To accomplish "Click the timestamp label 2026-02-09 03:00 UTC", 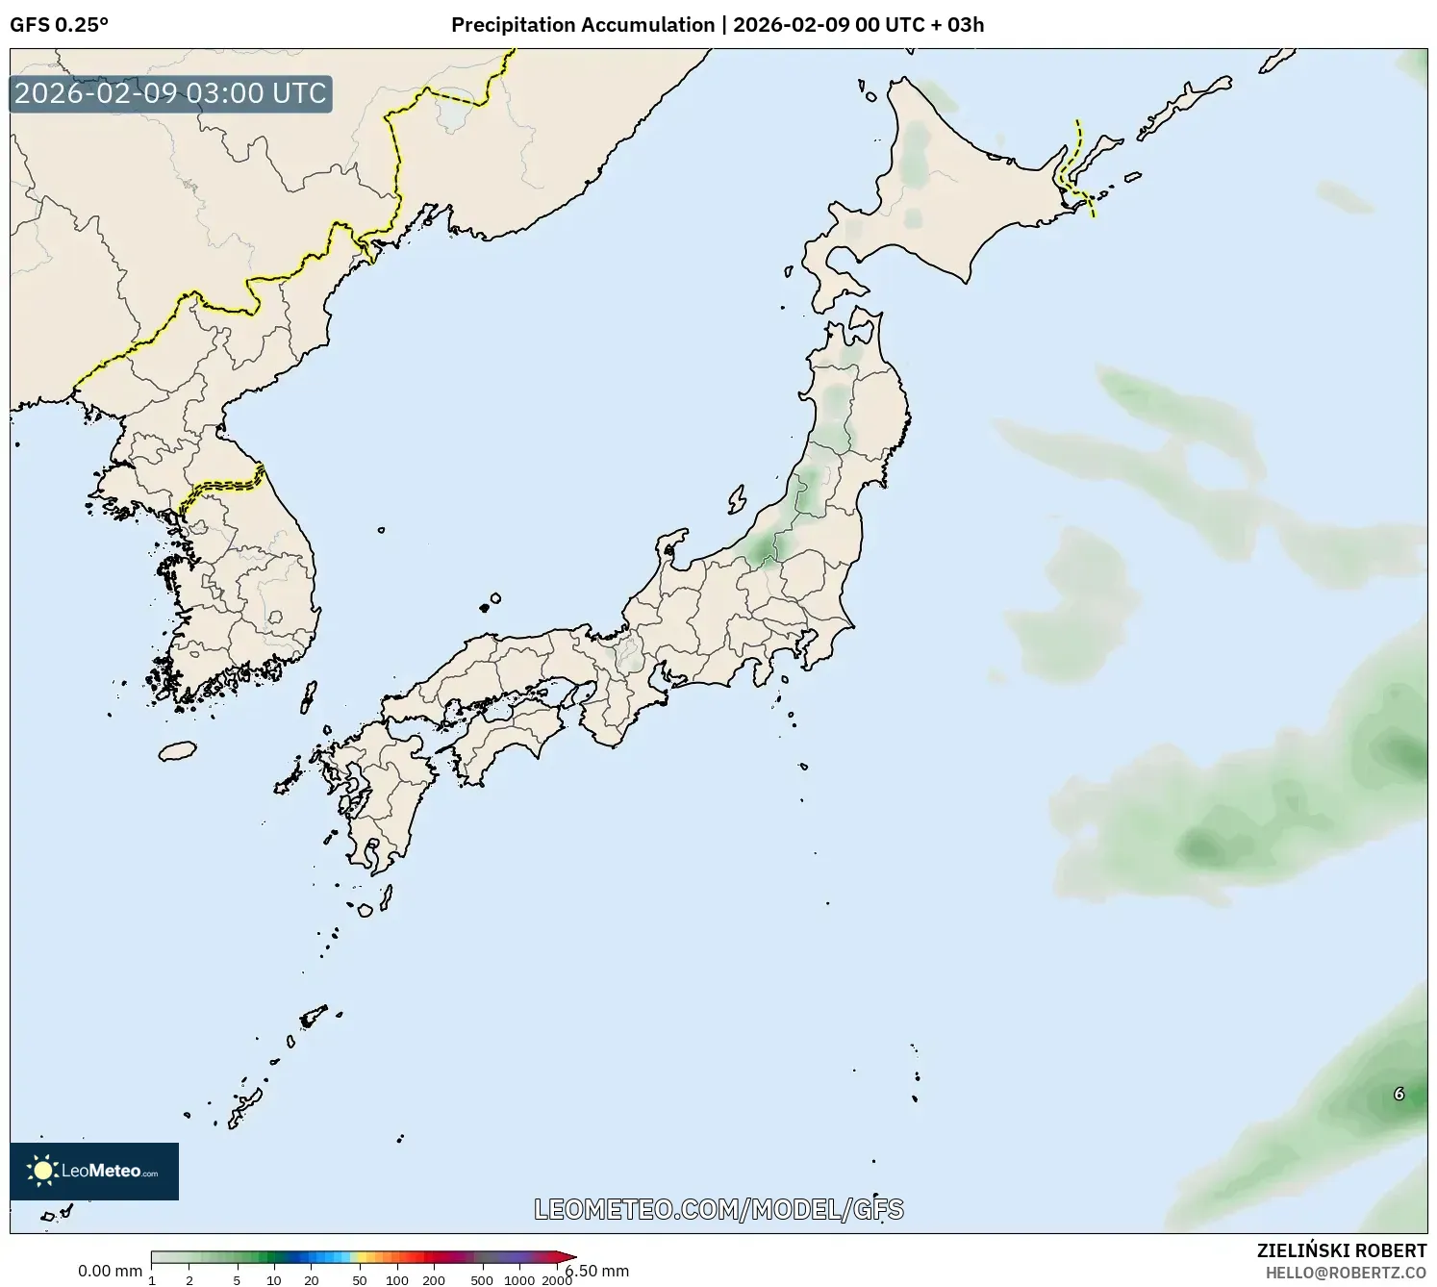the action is [170, 93].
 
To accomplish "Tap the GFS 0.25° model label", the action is [59, 25].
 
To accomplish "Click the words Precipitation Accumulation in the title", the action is [583, 25].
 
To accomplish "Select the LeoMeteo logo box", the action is [94, 1171].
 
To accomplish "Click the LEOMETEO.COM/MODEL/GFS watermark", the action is [718, 1209].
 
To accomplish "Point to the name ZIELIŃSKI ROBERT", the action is [1342, 1250].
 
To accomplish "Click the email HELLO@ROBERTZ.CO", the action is [1346, 1273].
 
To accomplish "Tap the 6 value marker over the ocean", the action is [1399, 1094].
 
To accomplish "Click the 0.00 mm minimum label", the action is [110, 1271].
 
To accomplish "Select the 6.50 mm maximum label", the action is [598, 1271].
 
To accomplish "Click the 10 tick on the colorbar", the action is [274, 1280].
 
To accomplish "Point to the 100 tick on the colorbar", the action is [397, 1280].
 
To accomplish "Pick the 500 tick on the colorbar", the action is [482, 1280].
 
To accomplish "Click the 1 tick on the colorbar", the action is [152, 1280].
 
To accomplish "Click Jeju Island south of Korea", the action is [177, 749].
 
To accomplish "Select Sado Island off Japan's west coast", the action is [737, 499].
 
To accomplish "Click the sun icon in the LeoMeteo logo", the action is [42, 1171].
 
